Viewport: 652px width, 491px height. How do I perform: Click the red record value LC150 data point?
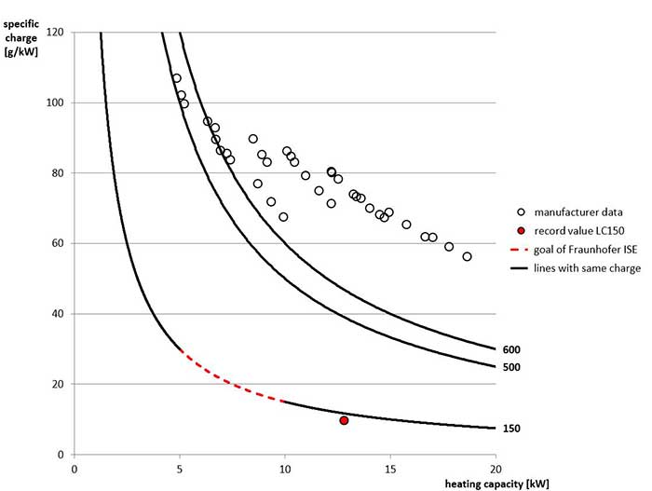point(344,420)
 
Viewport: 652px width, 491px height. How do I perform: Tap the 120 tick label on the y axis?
point(55,33)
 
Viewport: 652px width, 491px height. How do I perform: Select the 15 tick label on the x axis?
point(390,468)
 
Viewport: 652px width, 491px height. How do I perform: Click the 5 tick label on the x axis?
point(179,468)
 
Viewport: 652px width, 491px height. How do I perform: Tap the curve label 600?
point(510,349)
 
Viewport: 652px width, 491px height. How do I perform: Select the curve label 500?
point(510,367)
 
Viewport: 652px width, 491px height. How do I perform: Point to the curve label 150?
point(510,429)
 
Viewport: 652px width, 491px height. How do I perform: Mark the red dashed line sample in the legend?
point(523,249)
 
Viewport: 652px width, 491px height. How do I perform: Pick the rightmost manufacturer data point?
point(467,256)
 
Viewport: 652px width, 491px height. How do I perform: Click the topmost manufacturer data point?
point(176,78)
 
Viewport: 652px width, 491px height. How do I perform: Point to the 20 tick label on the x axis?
point(496,468)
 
